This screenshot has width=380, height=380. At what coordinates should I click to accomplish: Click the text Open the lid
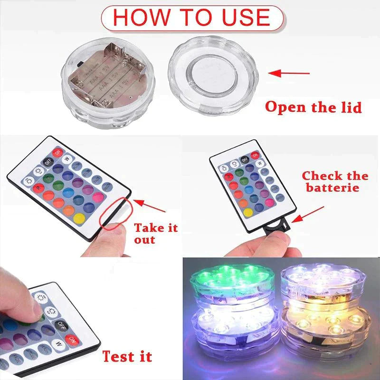click(313, 106)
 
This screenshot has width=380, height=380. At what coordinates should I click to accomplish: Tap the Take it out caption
click(155, 233)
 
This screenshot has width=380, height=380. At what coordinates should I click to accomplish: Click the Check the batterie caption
click(335, 181)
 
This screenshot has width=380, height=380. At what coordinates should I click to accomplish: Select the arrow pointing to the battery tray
click(308, 213)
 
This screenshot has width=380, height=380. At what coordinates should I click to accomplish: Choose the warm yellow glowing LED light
click(323, 328)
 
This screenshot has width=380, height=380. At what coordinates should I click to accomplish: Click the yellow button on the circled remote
click(80, 218)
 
